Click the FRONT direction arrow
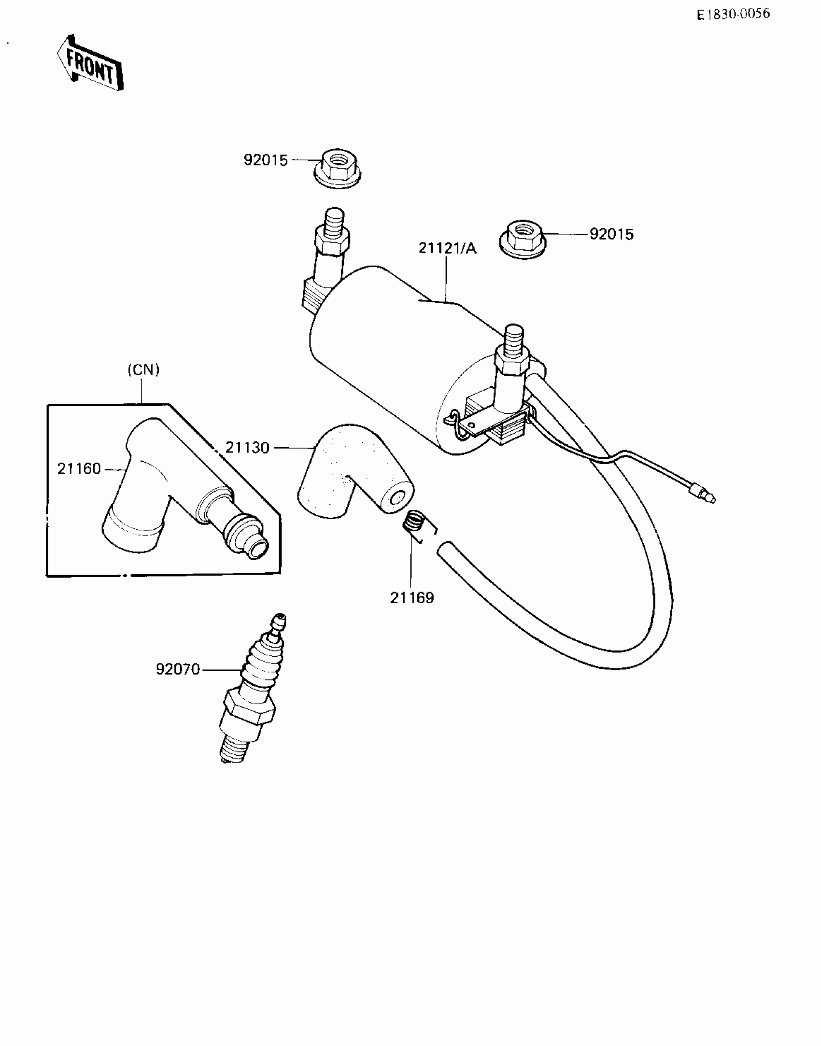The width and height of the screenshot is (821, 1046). pos(90,63)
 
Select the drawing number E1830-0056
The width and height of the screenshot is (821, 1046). pos(733,14)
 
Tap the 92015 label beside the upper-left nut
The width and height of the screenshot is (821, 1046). pos(266,160)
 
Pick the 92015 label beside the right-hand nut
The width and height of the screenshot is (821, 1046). pos(611,234)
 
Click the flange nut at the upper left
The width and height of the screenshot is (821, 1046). pos(338,169)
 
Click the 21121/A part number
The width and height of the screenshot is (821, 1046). pos(447,248)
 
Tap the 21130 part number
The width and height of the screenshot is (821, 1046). pos(247,448)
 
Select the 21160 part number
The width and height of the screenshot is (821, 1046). pos(79,468)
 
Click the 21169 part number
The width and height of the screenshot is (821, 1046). pos(412,598)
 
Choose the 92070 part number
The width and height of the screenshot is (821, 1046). pos(178,669)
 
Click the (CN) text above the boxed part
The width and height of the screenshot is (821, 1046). pos(143,370)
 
